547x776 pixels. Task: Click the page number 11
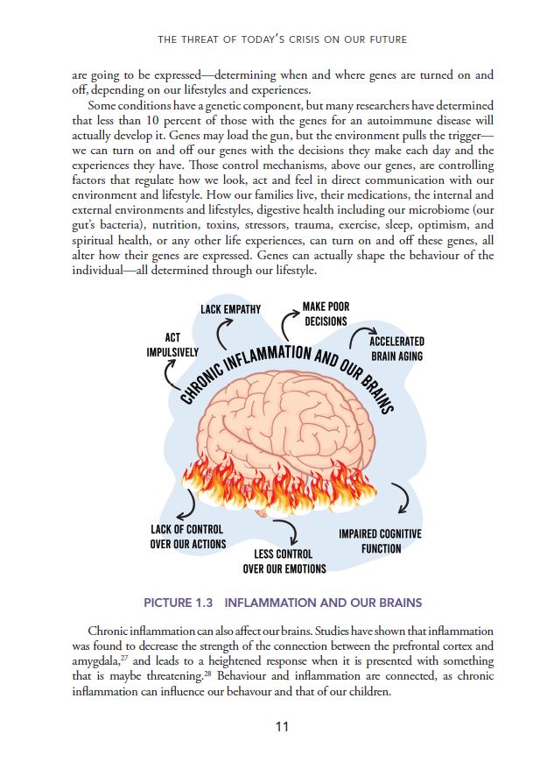(281, 727)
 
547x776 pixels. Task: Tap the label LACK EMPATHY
(230, 309)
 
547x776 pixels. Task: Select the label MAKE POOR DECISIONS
(326, 314)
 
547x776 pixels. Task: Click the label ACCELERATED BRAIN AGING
(396, 349)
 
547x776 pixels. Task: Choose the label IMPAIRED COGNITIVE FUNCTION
(381, 540)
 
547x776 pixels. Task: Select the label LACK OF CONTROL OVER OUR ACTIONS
(187, 536)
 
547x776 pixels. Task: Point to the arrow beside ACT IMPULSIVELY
(169, 376)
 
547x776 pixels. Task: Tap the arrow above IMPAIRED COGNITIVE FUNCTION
(401, 497)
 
